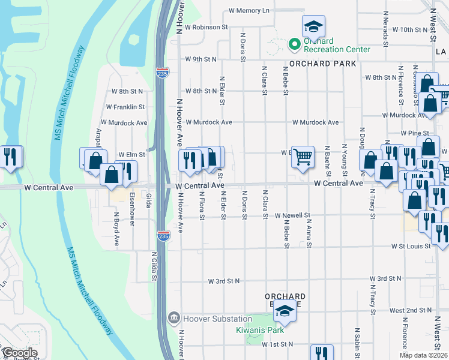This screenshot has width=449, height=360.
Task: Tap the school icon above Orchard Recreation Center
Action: pyautogui.click(x=313, y=26)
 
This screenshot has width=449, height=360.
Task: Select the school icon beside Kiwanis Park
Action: pyautogui.click(x=286, y=313)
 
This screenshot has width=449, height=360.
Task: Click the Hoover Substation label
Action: pyautogui.click(x=209, y=319)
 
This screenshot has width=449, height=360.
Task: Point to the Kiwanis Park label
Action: pyautogui.click(x=259, y=330)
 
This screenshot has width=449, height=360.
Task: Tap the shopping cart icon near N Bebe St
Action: pyautogui.click(x=303, y=157)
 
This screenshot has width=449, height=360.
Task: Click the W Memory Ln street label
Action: pyautogui.click(x=249, y=11)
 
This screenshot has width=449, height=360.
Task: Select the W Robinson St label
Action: pyautogui.click(x=206, y=27)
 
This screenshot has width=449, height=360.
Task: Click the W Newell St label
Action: pyautogui.click(x=292, y=215)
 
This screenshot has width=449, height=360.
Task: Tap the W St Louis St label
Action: pyautogui.click(x=411, y=246)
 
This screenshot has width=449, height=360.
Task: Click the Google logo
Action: pyautogui.click(x=19, y=353)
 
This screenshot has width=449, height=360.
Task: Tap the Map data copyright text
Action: pyautogui.click(x=423, y=355)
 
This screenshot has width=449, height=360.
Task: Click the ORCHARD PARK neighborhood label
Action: pyautogui.click(x=322, y=64)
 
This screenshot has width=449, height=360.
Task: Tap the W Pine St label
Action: pyautogui.click(x=416, y=133)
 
